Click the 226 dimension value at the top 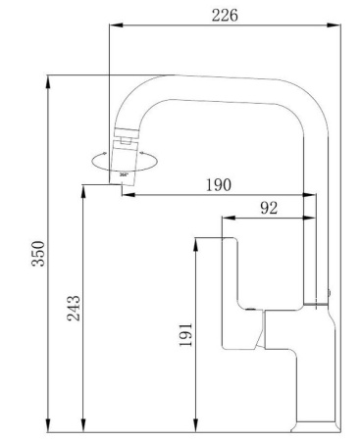(x=225, y=14)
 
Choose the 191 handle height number (x=187, y=333)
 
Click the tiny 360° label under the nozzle (x=123, y=173)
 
